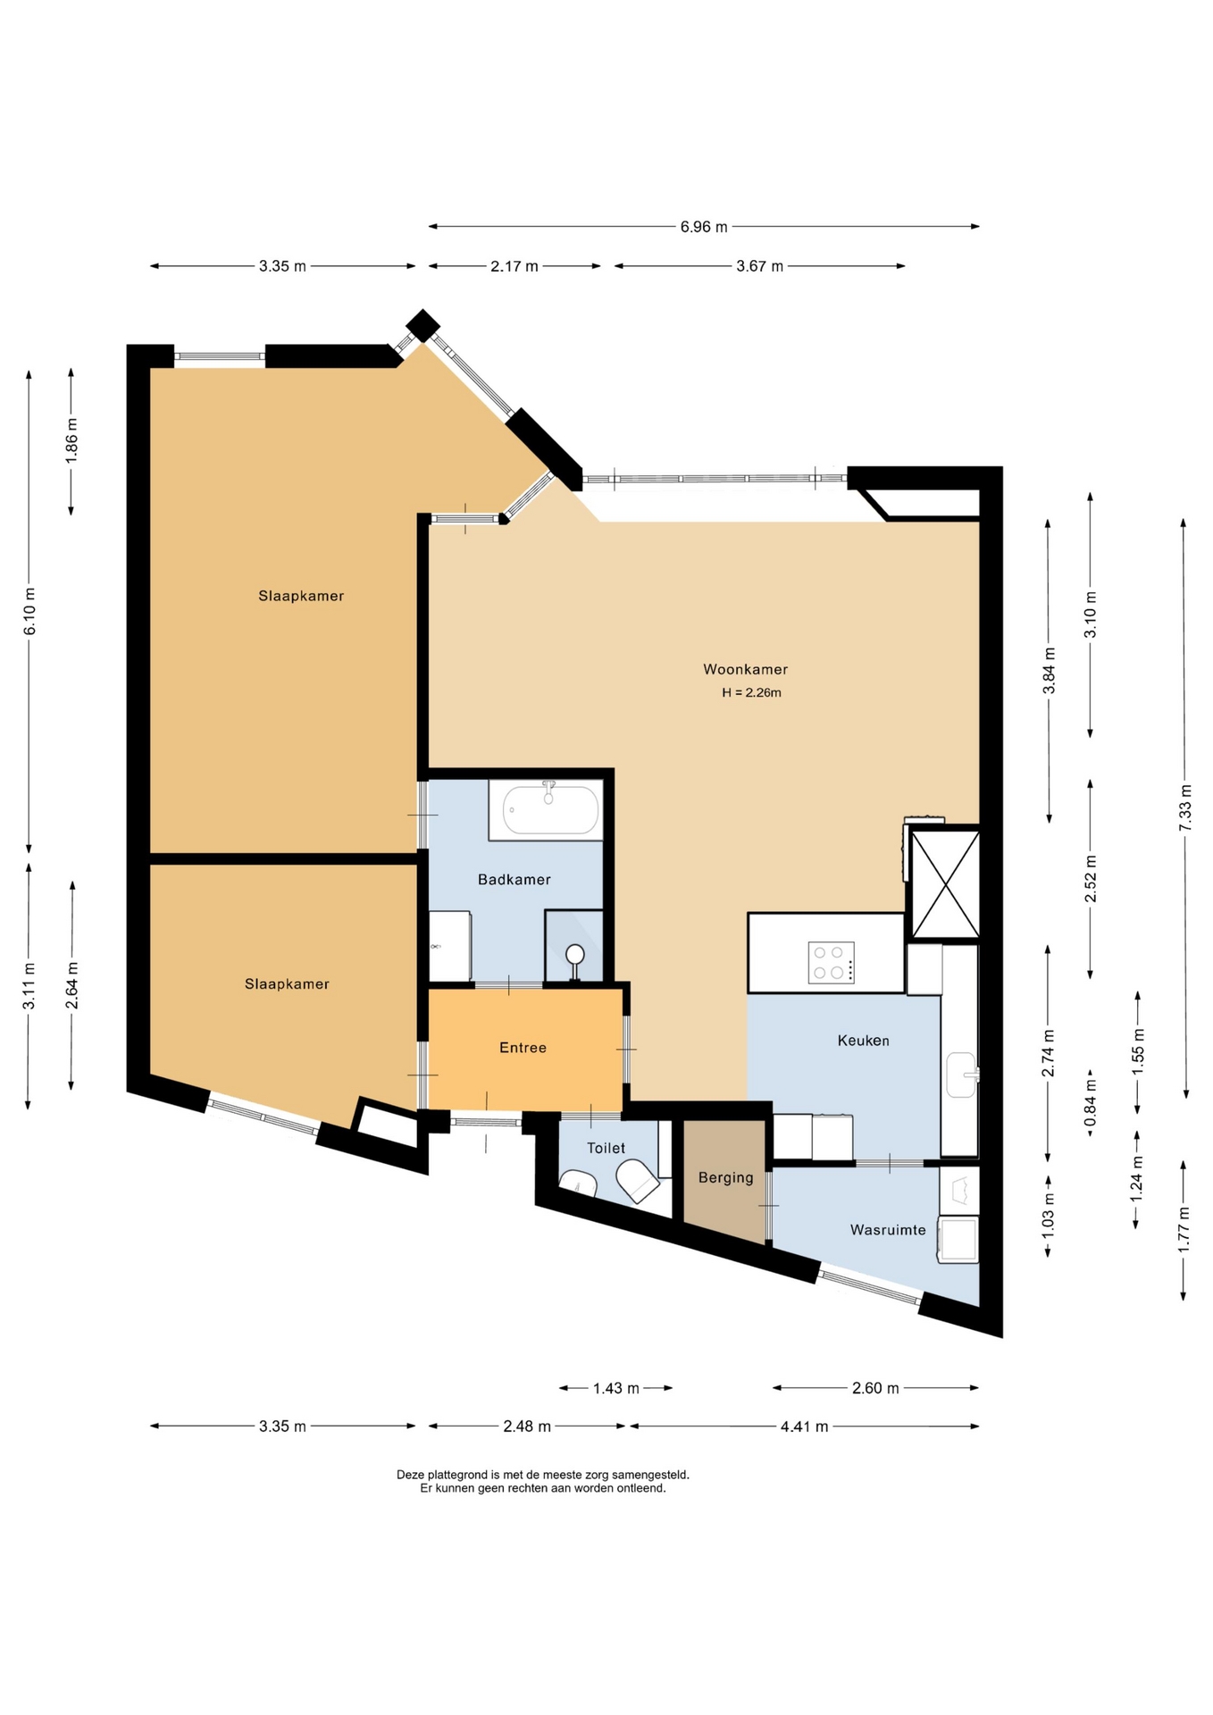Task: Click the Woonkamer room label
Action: coord(745,669)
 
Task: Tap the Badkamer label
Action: coord(514,879)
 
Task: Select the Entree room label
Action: coord(523,1048)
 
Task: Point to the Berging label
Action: coord(725,1178)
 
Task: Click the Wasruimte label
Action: coord(888,1230)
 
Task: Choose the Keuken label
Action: coord(863,1041)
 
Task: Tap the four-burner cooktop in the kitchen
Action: coord(831,962)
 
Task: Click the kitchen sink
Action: coord(962,1074)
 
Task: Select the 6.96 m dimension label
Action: coord(704,227)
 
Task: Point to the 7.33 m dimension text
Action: coord(1185,807)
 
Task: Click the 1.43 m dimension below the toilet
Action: coord(616,1388)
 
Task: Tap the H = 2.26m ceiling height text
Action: coord(752,692)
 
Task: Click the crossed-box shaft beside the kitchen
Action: coord(944,883)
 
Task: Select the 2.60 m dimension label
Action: coord(875,1388)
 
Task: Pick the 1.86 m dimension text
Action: coord(72,439)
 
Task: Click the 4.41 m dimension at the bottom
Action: coord(804,1426)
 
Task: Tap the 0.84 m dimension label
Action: coord(1090,1104)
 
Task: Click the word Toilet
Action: coord(606,1148)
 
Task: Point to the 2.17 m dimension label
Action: coord(514,266)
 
